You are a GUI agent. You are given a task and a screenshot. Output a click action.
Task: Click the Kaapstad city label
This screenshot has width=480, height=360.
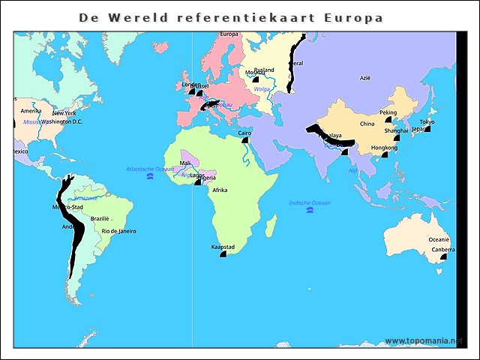(x=223, y=247)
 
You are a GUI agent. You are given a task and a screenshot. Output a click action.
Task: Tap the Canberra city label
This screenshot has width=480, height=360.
(x=442, y=249)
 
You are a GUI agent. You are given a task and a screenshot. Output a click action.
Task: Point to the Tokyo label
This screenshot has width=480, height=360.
(x=427, y=121)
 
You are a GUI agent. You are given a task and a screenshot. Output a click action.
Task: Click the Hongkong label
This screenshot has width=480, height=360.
(x=385, y=148)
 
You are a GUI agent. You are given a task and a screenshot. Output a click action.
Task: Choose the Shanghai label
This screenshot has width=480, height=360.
(x=396, y=130)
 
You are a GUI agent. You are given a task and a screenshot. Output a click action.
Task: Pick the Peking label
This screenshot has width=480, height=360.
(x=388, y=112)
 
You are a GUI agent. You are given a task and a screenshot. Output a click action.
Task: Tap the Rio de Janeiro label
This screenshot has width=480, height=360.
(x=118, y=231)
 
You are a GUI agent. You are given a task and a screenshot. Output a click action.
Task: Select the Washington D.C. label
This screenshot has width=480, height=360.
(x=61, y=121)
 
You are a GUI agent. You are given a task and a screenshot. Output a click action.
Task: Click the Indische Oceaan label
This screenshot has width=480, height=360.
(x=310, y=202)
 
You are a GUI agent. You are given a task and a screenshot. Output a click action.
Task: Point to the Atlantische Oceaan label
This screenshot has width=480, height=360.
(x=150, y=169)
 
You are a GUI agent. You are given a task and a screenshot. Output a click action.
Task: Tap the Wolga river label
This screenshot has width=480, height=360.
(x=262, y=89)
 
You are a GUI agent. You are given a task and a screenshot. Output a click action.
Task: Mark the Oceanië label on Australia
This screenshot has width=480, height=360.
(x=439, y=240)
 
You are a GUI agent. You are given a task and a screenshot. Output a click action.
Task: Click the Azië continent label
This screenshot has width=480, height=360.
(x=365, y=77)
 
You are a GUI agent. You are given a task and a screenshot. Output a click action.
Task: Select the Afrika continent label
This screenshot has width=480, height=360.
(x=220, y=190)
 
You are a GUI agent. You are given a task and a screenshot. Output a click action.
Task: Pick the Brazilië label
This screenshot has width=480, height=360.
(x=100, y=218)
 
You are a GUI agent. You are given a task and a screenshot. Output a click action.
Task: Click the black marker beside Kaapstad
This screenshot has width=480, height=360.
(x=223, y=254)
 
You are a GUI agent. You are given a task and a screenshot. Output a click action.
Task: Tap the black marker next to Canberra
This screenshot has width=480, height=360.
(x=443, y=256)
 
